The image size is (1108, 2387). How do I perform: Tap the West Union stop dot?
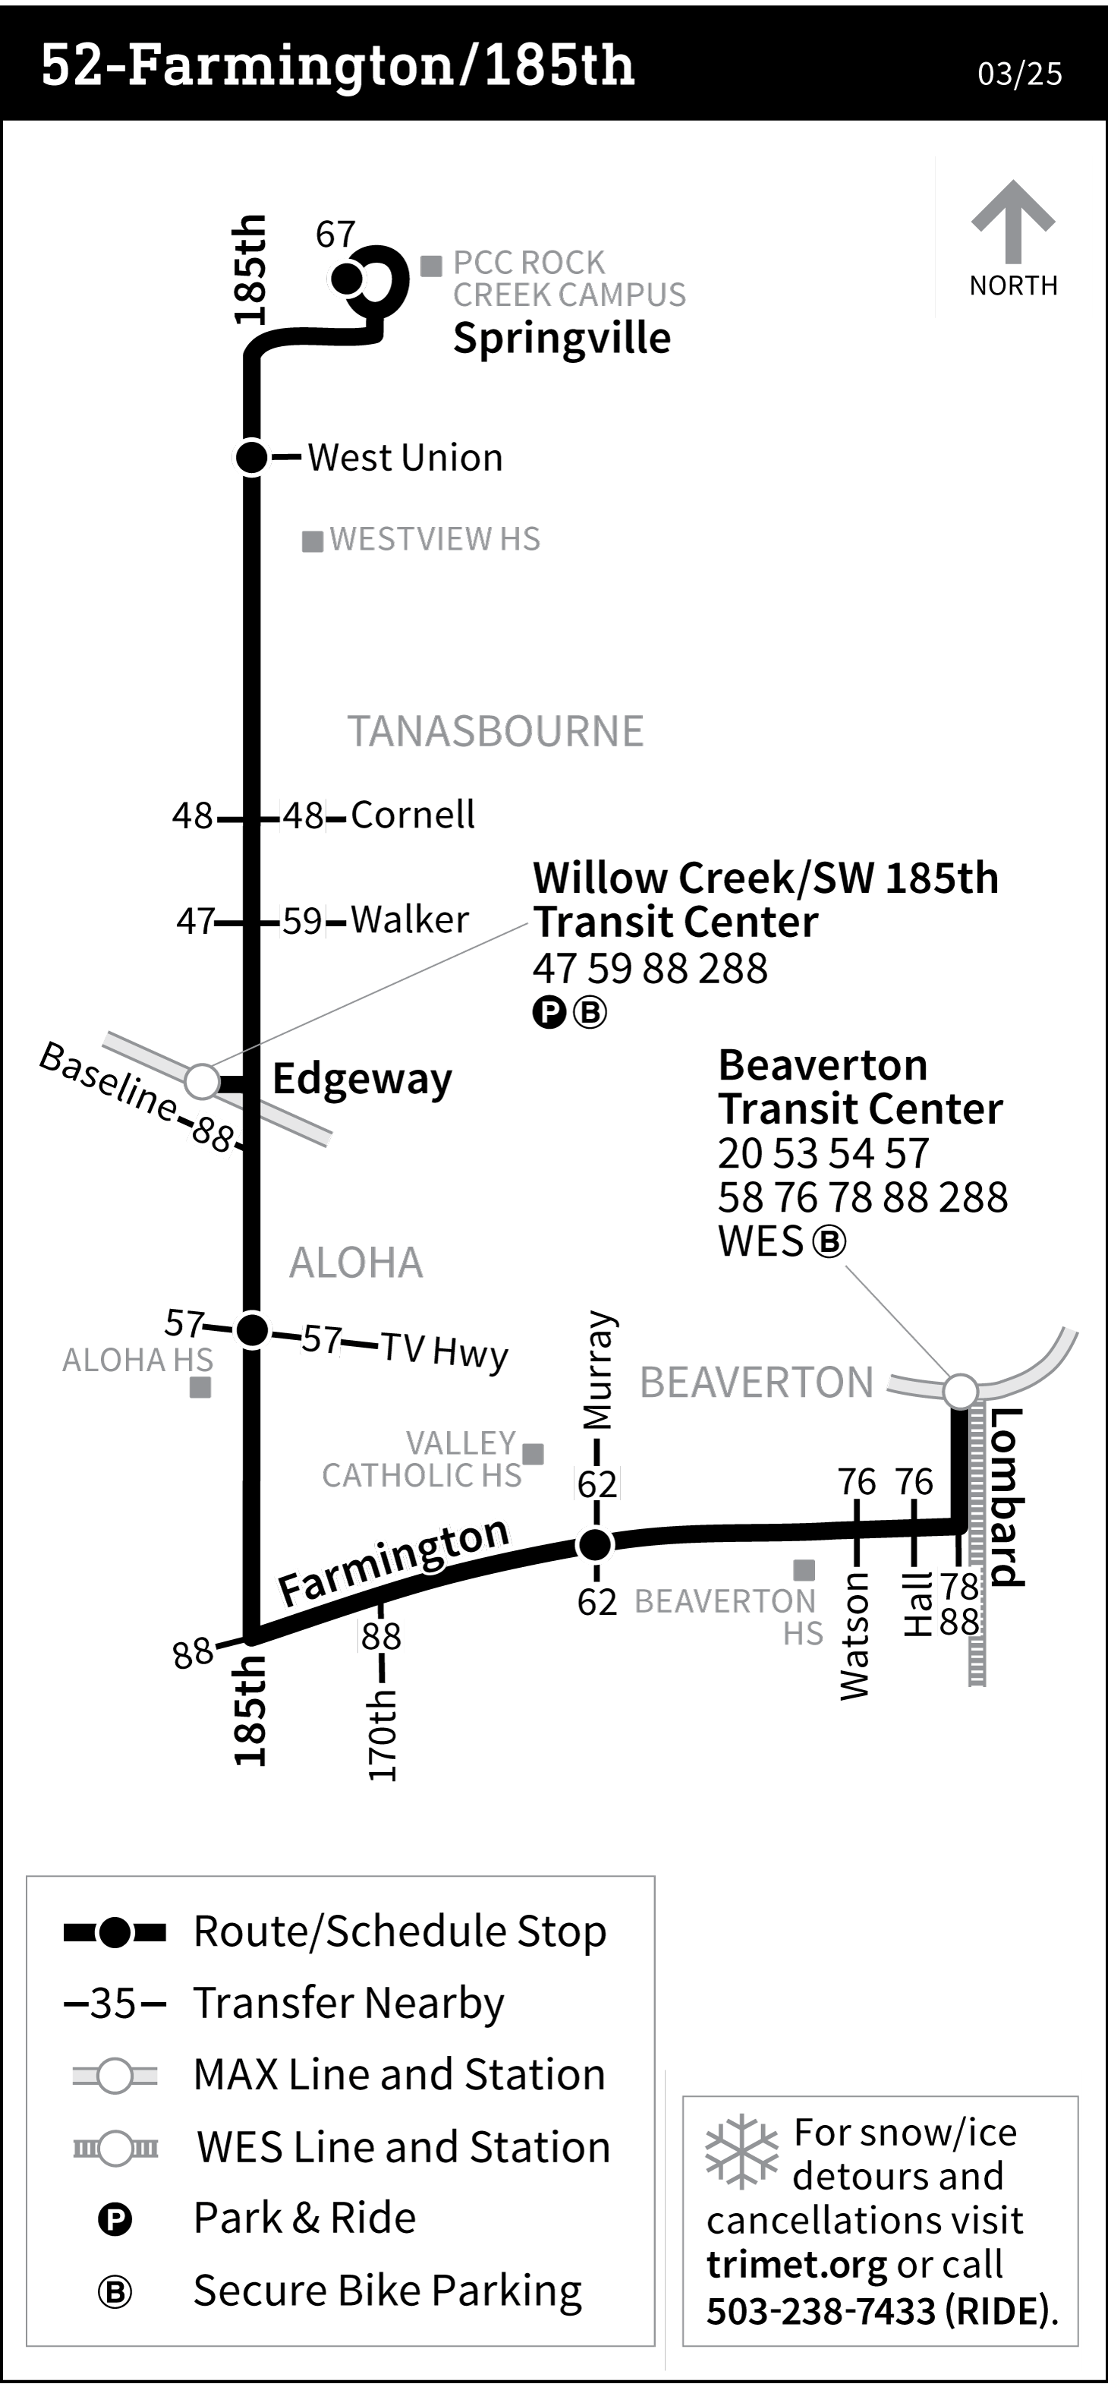pyautogui.click(x=251, y=457)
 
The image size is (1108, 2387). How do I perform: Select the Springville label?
pyautogui.click(x=562, y=338)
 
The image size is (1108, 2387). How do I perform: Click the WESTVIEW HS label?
pyautogui.click(x=433, y=539)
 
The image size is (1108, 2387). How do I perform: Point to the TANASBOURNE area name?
pyautogui.click(x=495, y=731)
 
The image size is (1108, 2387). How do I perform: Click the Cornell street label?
pyautogui.click(x=412, y=815)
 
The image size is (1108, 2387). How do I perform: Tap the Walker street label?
pyautogui.click(x=410, y=920)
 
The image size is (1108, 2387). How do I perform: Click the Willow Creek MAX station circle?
pyautogui.click(x=201, y=1080)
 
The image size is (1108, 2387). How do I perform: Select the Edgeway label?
pyautogui.click(x=361, y=1080)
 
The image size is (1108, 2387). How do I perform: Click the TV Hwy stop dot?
pyautogui.click(x=252, y=1331)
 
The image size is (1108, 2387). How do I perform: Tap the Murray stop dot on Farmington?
pyautogui.click(x=595, y=1544)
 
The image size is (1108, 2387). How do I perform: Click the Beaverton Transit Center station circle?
pyautogui.click(x=961, y=1390)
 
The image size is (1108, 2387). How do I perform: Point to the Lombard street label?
pyautogui.click(x=1006, y=1496)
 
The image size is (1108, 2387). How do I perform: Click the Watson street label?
pyautogui.click(x=855, y=1635)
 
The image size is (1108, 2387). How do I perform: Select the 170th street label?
pyautogui.click(x=382, y=1735)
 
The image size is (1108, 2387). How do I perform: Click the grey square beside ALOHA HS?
pyautogui.click(x=200, y=1387)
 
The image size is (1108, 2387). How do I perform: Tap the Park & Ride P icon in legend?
pyautogui.click(x=115, y=2220)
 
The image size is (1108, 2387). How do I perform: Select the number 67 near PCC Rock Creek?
pyautogui.click(x=335, y=235)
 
